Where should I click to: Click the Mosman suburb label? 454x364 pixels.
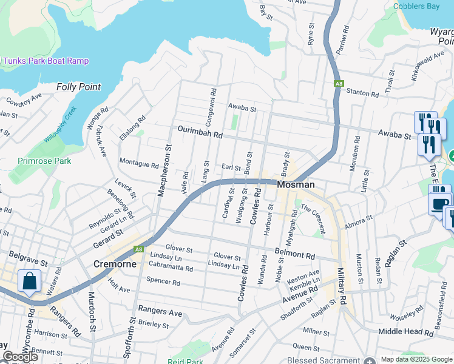296,184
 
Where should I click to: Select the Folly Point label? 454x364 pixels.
78,87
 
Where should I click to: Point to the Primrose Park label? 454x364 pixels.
44,161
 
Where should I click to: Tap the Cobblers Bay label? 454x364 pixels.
416,7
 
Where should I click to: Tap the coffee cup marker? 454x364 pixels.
440,204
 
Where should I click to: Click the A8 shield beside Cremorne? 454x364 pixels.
139,249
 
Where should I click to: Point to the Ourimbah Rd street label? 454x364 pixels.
200,132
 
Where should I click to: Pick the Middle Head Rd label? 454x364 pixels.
406,332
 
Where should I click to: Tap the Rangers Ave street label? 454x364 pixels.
160,312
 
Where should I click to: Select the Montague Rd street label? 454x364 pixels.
138,164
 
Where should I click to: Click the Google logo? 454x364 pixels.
20,357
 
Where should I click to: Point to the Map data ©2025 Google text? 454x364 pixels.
416,359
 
